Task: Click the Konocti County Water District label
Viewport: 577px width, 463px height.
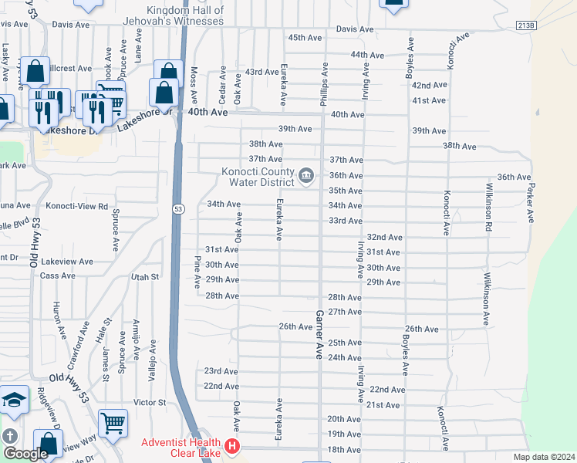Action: point(258,177)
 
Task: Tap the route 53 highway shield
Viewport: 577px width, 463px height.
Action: point(178,209)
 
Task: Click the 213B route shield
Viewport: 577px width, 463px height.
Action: point(525,25)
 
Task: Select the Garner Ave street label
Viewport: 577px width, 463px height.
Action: point(318,334)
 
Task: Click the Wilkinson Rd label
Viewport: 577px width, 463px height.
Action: point(488,207)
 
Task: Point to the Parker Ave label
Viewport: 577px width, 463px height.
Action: point(531,204)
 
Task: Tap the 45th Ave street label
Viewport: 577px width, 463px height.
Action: point(304,38)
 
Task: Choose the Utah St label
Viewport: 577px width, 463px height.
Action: point(144,276)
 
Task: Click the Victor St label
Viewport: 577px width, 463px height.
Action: point(150,403)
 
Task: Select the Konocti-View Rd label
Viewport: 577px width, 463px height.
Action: point(76,207)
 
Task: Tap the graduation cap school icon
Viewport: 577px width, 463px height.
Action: point(14,400)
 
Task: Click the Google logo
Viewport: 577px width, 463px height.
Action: point(25,454)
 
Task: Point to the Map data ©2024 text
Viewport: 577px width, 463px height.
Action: point(545,458)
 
